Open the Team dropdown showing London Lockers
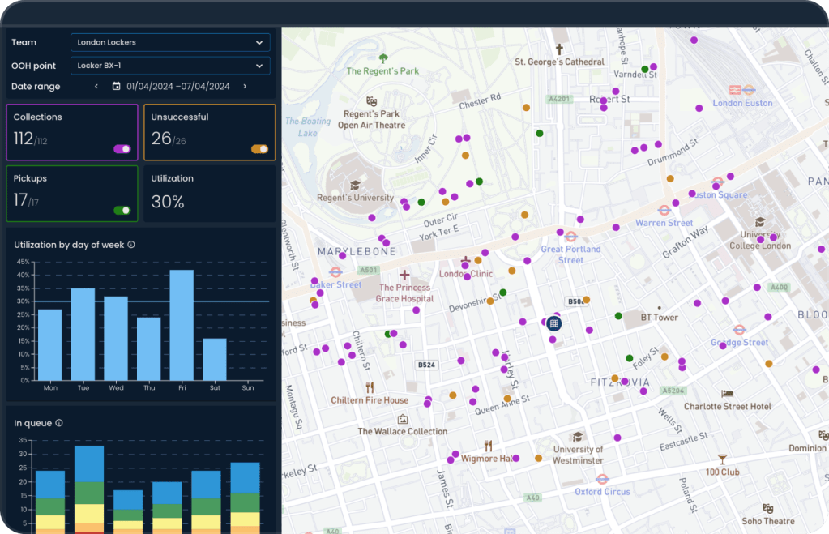(x=170, y=42)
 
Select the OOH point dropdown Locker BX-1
(x=170, y=66)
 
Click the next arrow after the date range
(x=245, y=87)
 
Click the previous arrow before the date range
(x=96, y=87)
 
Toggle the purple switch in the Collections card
(x=122, y=149)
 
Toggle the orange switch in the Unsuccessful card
(x=259, y=149)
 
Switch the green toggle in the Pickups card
(x=122, y=211)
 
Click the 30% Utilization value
(x=168, y=202)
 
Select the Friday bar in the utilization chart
(x=182, y=325)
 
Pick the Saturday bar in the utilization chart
(x=215, y=359)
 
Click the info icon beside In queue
(x=59, y=423)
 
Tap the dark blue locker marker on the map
(x=554, y=323)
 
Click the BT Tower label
(x=659, y=318)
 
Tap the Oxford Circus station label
(x=602, y=491)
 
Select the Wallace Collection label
(x=403, y=432)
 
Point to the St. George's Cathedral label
(x=560, y=62)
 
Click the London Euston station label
(x=743, y=103)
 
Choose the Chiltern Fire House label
(x=370, y=400)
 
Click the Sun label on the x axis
(x=248, y=388)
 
